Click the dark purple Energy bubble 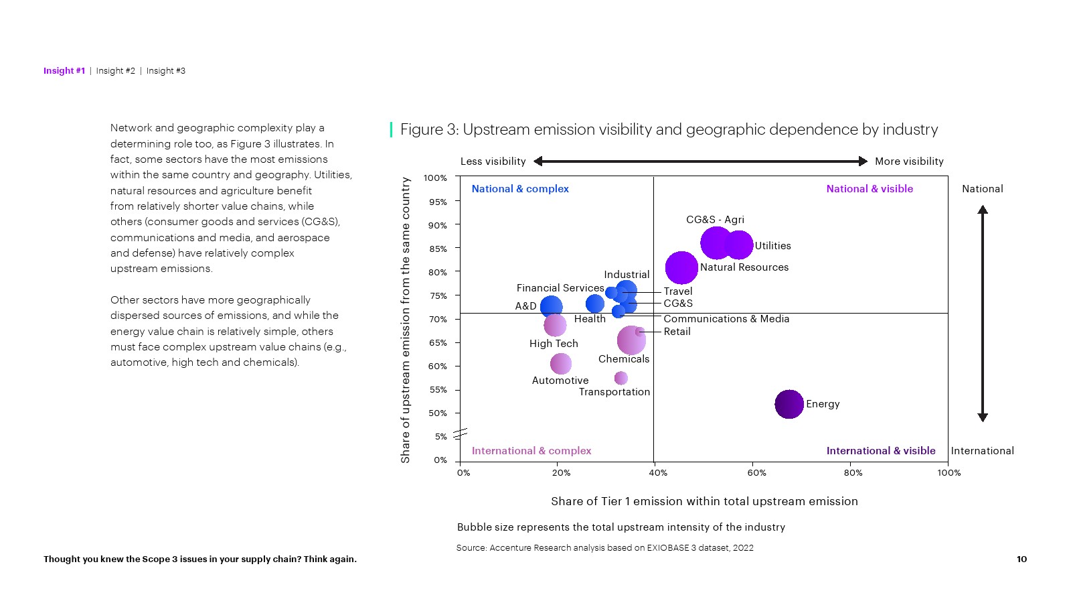point(789,404)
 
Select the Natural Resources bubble point(681,268)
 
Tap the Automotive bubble point(561,364)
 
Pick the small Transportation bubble point(621,378)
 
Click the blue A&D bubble point(551,307)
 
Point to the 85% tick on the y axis point(438,249)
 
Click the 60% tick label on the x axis point(756,473)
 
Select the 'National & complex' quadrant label point(520,189)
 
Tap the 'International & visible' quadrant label point(880,451)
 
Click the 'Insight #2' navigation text point(115,71)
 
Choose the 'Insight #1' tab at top point(64,71)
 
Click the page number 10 point(1021,559)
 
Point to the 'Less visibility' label point(493,161)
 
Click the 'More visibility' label point(909,161)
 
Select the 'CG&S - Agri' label point(715,220)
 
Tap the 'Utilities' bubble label point(772,246)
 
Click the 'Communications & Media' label point(726,319)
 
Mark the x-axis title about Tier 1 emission point(704,501)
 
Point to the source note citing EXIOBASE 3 point(604,548)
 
